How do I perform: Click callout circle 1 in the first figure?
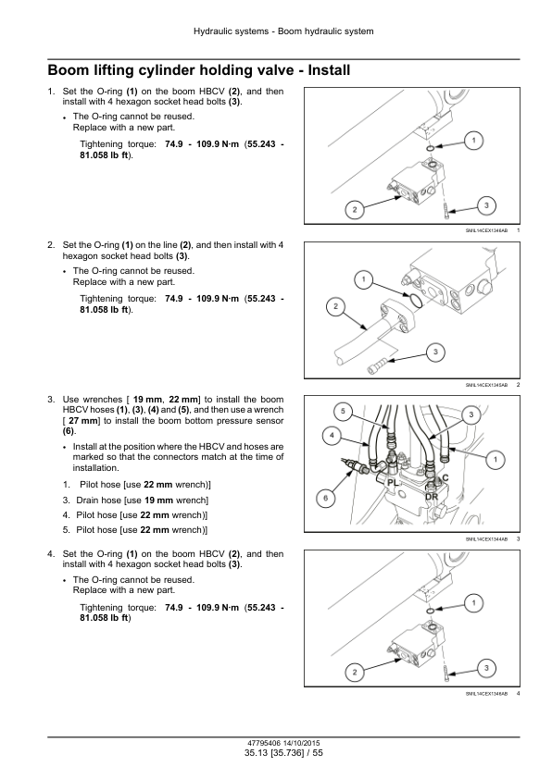(x=473, y=141)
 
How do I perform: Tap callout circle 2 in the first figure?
(x=355, y=210)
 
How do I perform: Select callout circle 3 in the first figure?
(x=486, y=205)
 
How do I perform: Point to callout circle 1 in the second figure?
(x=364, y=279)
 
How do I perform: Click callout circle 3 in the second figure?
(x=435, y=352)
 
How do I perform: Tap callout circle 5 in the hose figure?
(x=343, y=411)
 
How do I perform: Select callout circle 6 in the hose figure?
(x=326, y=498)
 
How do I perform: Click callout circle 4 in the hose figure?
(x=332, y=436)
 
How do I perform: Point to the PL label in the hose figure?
(x=393, y=482)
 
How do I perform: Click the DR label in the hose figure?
(x=432, y=496)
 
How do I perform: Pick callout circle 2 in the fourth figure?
(x=355, y=673)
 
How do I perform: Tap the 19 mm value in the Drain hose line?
(x=158, y=501)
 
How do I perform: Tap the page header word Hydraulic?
(x=212, y=31)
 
